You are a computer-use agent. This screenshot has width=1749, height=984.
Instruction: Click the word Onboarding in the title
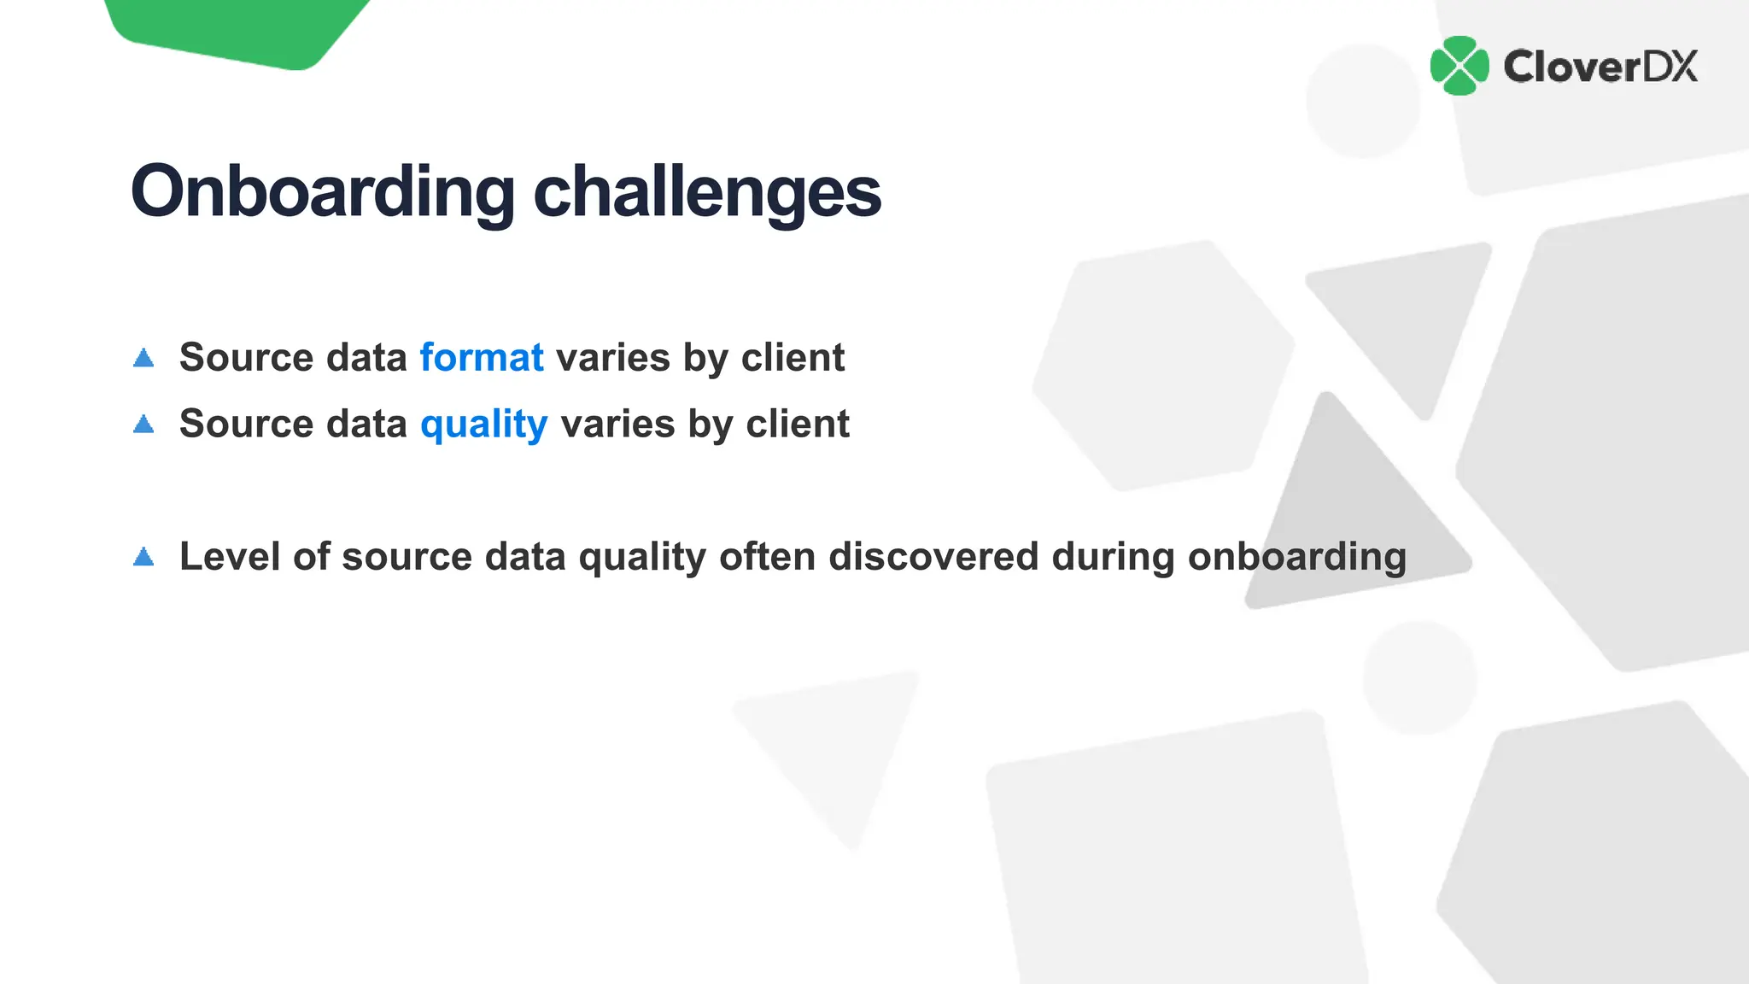pyautogui.click(x=323, y=192)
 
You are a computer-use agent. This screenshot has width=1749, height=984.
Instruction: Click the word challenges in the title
pyautogui.click(x=707, y=192)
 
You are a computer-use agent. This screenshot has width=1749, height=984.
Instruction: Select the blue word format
pyautogui.click(x=482, y=357)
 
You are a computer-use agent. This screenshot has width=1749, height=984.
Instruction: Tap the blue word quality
pyautogui.click(x=483, y=425)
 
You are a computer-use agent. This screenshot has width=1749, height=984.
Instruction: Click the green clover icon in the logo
pyautogui.click(x=1459, y=66)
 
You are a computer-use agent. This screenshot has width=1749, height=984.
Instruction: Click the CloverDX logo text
pyautogui.click(x=1600, y=67)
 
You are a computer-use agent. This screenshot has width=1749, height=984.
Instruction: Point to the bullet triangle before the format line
pyautogui.click(x=143, y=358)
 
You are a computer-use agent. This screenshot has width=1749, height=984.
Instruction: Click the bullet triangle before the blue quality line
pyautogui.click(x=143, y=425)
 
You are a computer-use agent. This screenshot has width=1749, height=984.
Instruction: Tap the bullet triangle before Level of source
pyautogui.click(x=143, y=558)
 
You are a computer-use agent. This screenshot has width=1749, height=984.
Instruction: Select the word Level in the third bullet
pyautogui.click(x=230, y=557)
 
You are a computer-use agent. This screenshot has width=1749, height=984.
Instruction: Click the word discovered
pyautogui.click(x=933, y=557)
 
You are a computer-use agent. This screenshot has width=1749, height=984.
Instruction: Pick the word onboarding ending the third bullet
pyautogui.click(x=1296, y=557)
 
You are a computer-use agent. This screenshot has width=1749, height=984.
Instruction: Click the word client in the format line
pyautogui.click(x=793, y=357)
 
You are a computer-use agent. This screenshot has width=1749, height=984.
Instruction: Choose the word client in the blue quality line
pyautogui.click(x=798, y=424)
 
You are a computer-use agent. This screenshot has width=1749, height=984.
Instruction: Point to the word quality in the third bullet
pyautogui.click(x=642, y=557)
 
